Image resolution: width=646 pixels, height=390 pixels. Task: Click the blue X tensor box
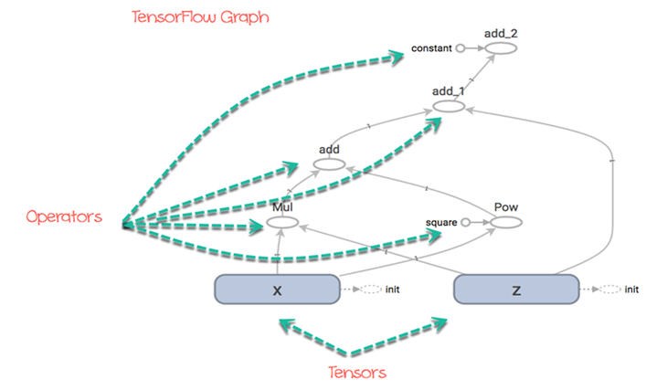tap(276, 290)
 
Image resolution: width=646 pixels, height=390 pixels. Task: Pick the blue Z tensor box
tap(516, 290)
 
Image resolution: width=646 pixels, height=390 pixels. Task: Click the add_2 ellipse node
tap(501, 47)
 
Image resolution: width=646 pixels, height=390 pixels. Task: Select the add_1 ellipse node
tap(450, 107)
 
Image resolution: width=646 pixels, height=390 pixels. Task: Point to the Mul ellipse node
tap(283, 222)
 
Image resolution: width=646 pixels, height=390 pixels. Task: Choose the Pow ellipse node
tap(505, 222)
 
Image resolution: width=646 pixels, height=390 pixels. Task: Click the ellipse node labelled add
tap(329, 164)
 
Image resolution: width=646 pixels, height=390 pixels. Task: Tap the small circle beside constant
tap(461, 47)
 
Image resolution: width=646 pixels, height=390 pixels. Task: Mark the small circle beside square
tap(465, 222)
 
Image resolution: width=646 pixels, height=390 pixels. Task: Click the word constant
tap(431, 47)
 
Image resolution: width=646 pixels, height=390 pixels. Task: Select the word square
tap(441, 222)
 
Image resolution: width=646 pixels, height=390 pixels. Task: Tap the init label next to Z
tap(630, 290)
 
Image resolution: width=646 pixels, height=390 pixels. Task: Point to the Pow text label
tap(505, 207)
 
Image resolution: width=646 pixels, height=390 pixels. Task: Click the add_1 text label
tap(450, 92)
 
